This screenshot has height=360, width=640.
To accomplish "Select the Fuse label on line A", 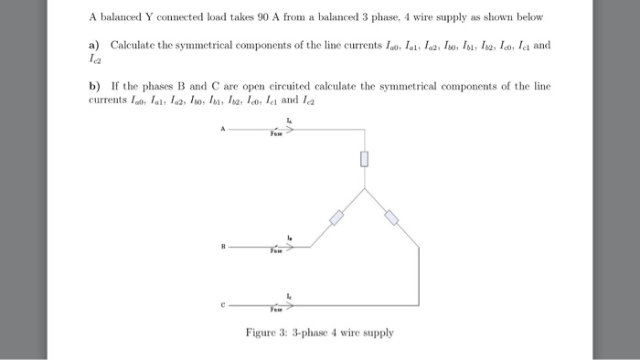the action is (x=277, y=134).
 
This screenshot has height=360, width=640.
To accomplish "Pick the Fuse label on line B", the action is (x=277, y=250).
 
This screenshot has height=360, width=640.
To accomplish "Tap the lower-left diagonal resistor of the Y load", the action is (x=336, y=217).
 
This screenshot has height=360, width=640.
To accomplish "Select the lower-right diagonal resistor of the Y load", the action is (x=390, y=217).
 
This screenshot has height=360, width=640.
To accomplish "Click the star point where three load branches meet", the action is (x=363, y=190).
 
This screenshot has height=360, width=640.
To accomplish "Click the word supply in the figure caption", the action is (x=377, y=333).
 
